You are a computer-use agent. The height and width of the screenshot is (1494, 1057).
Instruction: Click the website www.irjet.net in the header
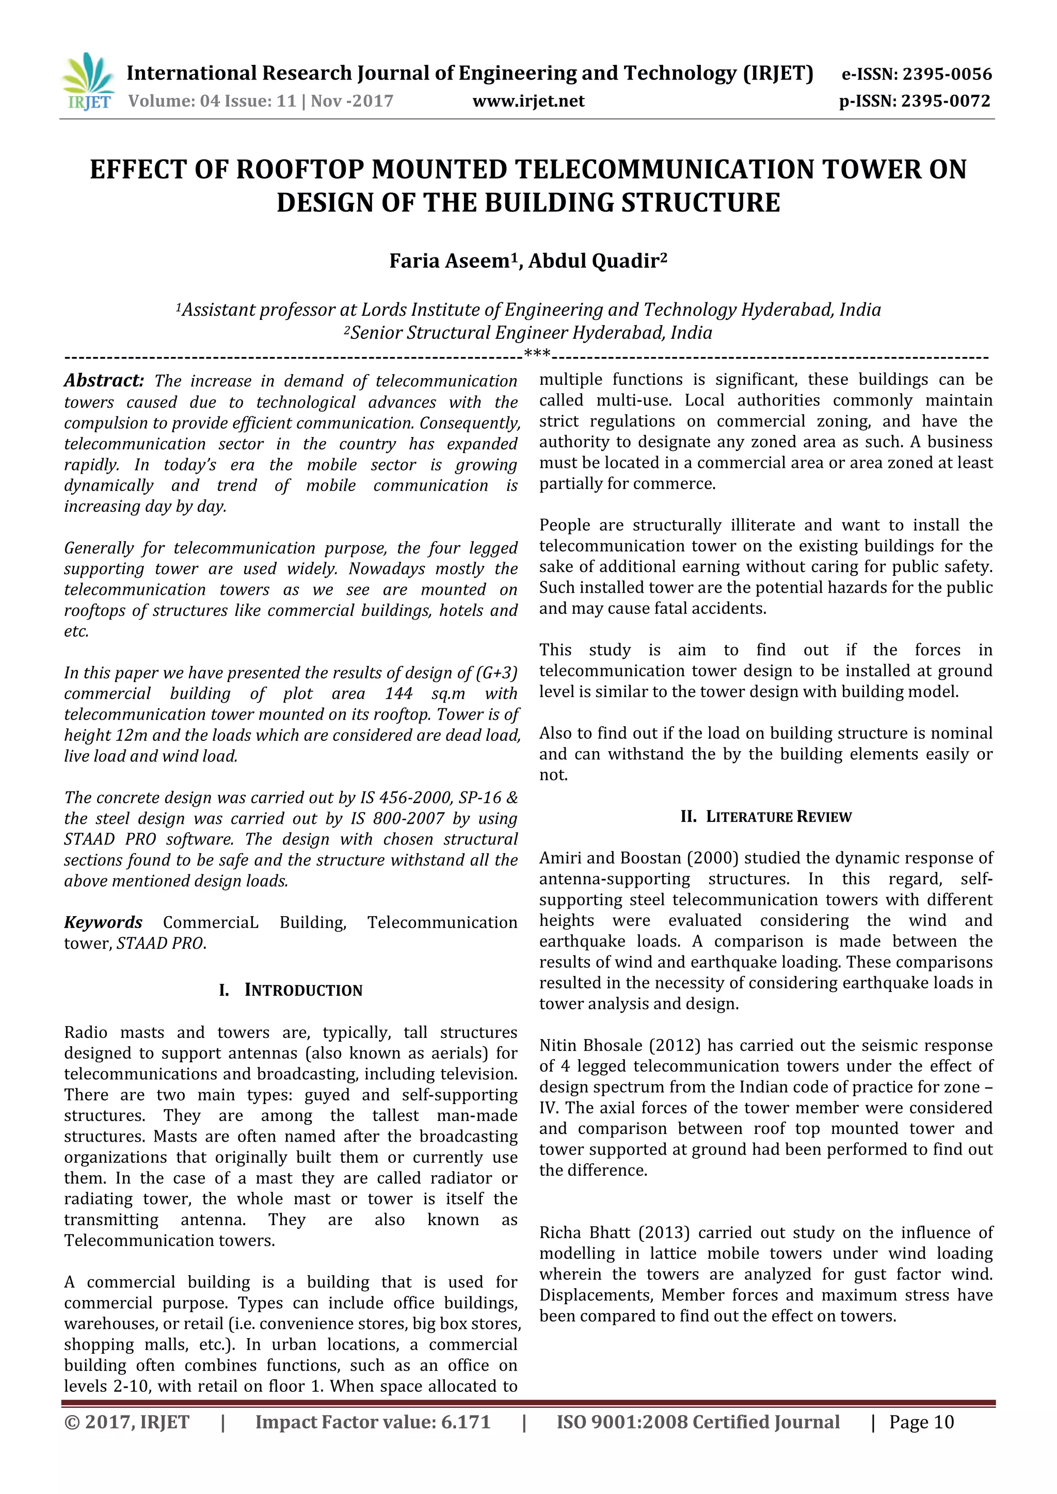point(528,101)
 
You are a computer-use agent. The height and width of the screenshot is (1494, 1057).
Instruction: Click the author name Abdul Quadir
point(596,261)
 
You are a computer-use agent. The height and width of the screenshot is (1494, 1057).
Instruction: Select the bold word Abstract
point(104,381)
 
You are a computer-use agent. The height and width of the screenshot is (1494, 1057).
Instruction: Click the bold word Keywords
point(103,922)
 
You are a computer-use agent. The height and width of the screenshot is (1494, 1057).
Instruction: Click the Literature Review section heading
point(778,817)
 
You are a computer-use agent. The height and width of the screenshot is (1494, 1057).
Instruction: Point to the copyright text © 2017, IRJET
point(127,1422)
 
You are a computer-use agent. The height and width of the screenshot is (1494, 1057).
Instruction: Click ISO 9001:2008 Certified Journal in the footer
point(698,1422)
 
